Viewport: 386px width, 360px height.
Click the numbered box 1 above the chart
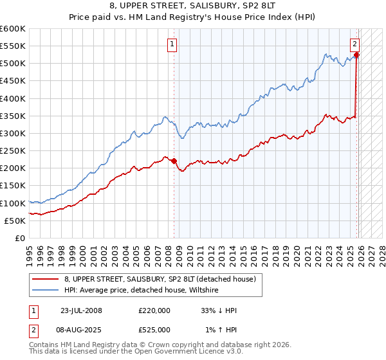pos(173,44)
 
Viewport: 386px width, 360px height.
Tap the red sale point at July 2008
pos(174,161)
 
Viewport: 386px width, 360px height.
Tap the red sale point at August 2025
pos(356,55)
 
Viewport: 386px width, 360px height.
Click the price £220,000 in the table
pos(154,310)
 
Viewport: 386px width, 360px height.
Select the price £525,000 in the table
pos(154,330)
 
